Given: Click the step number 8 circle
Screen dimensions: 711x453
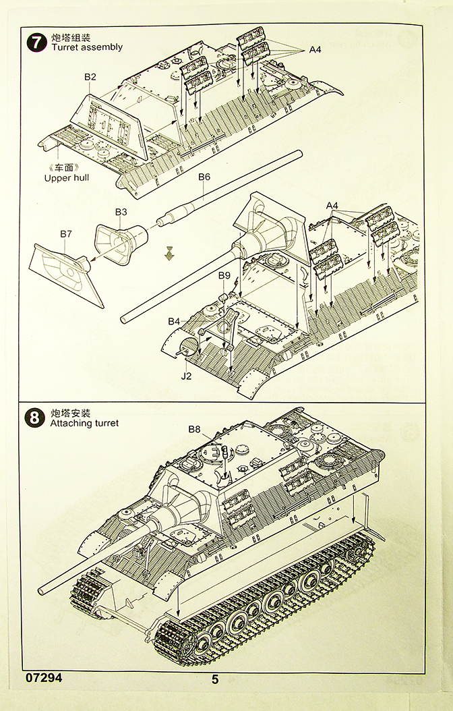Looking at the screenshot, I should (34, 417).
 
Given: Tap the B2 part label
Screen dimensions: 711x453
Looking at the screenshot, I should (90, 77).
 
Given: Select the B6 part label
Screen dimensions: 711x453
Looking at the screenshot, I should (204, 177).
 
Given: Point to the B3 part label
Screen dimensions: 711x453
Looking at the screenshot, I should (121, 212).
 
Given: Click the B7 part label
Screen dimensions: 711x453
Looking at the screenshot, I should (66, 233).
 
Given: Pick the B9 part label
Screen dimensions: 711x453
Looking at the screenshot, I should (224, 275).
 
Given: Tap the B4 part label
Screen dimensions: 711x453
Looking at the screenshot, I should (175, 320).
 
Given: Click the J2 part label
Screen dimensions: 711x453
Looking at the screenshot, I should (186, 376).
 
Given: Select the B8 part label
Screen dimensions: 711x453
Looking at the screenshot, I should (194, 428).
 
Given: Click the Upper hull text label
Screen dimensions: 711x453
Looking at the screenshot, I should (67, 178).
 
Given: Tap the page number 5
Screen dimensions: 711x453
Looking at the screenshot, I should (215, 680).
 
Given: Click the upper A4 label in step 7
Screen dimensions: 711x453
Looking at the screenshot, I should (316, 49).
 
